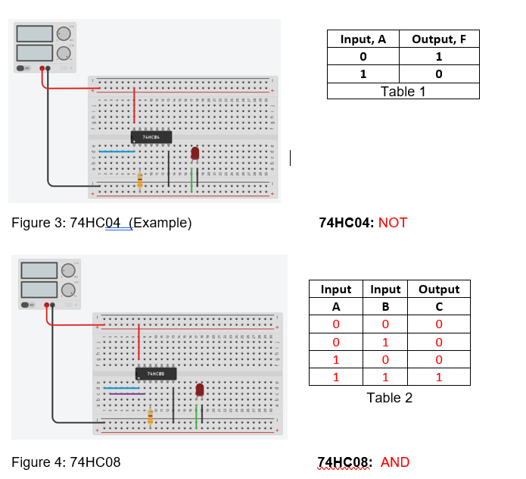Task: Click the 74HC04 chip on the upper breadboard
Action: click(151, 137)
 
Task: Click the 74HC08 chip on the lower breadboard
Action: click(156, 374)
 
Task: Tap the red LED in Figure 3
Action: click(195, 153)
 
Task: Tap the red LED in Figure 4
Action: click(200, 390)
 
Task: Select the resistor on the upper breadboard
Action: click(140, 180)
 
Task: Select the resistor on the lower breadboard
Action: click(151, 416)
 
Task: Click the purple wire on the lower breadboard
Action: click(127, 394)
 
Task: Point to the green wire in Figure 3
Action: click(191, 181)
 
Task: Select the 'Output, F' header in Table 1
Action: click(438, 39)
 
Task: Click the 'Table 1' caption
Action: click(403, 91)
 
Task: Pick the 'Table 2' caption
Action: click(389, 398)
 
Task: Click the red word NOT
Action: click(393, 223)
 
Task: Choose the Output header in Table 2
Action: click(438, 290)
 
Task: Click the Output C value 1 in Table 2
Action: click(438, 377)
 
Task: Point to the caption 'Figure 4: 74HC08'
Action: click(67, 462)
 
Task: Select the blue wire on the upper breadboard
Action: click(117, 151)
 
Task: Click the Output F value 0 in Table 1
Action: click(438, 74)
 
